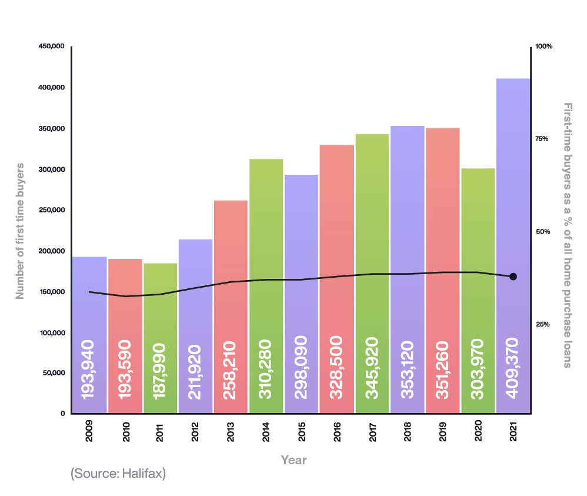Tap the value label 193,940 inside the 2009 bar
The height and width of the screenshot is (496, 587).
click(x=89, y=369)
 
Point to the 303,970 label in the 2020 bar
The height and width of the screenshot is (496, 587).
click(x=478, y=369)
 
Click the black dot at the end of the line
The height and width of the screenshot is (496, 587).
click(x=513, y=277)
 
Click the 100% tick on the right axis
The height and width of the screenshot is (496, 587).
click(x=544, y=46)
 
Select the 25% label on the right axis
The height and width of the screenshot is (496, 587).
click(x=543, y=324)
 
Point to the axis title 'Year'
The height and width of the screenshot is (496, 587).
click(x=293, y=460)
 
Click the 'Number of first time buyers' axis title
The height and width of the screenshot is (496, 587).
click(x=21, y=231)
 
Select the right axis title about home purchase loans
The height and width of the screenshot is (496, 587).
click(x=567, y=235)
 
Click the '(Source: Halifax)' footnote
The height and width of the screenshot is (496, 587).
click(x=118, y=474)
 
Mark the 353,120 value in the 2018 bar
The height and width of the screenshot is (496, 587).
click(x=407, y=369)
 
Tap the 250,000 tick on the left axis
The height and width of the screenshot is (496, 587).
click(x=51, y=210)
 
